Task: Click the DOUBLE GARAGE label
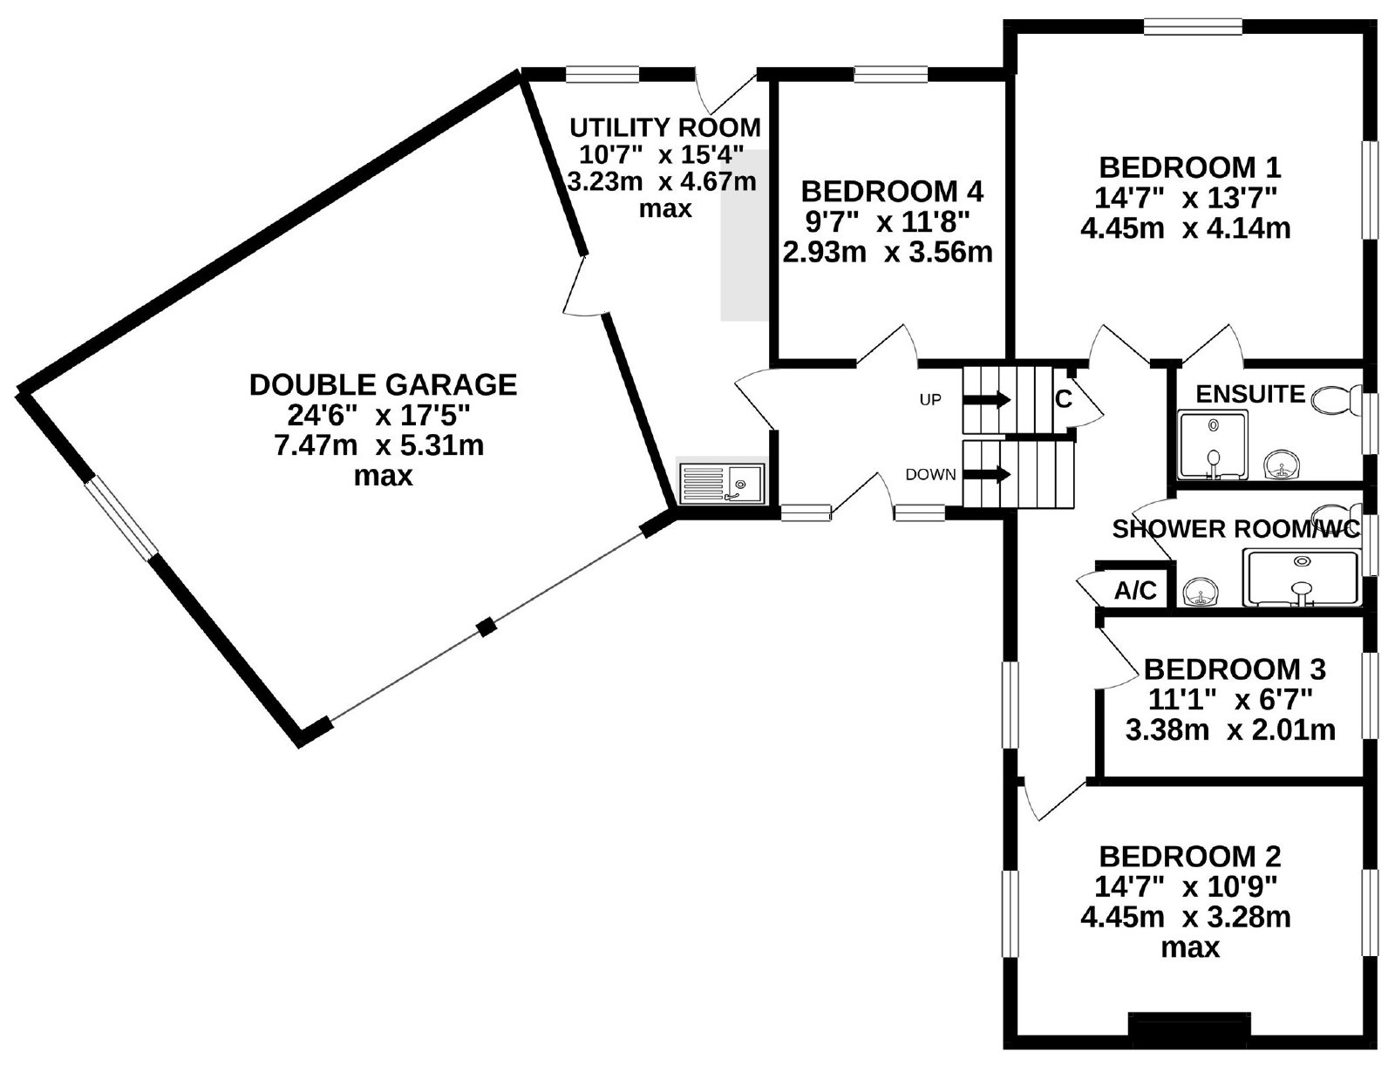[x=384, y=385]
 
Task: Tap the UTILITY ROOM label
[x=664, y=127]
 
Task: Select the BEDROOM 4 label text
[x=892, y=191]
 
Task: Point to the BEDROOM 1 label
[x=1190, y=167]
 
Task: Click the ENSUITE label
[x=1250, y=395]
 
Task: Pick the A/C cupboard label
[x=1136, y=591]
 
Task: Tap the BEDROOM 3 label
[x=1235, y=669]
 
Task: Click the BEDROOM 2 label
[x=1190, y=857]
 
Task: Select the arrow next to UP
[x=986, y=399]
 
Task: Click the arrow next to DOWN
[x=986, y=474]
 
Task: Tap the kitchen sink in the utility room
[x=721, y=483]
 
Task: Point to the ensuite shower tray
[x=1213, y=444]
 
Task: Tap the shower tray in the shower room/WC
[x=1302, y=577]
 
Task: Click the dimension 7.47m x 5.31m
[x=378, y=445]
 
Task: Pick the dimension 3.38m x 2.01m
[x=1230, y=730]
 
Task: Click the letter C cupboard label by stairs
[x=1063, y=399]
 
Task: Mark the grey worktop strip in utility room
[x=743, y=235]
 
